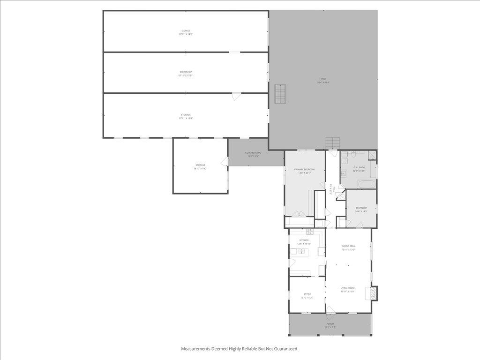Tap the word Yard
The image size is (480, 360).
(323, 79)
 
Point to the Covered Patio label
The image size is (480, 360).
(253, 153)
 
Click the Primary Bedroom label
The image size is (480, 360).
(304, 169)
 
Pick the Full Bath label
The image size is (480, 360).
(359, 167)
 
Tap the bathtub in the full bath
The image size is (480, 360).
(367, 184)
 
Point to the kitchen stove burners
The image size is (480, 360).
(309, 232)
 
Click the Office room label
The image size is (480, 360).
(307, 294)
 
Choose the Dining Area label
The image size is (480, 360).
(348, 246)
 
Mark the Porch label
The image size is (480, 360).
(330, 324)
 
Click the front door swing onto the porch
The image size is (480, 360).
(330, 310)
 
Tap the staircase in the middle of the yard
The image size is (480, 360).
(280, 94)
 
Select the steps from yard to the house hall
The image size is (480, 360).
(332, 142)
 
